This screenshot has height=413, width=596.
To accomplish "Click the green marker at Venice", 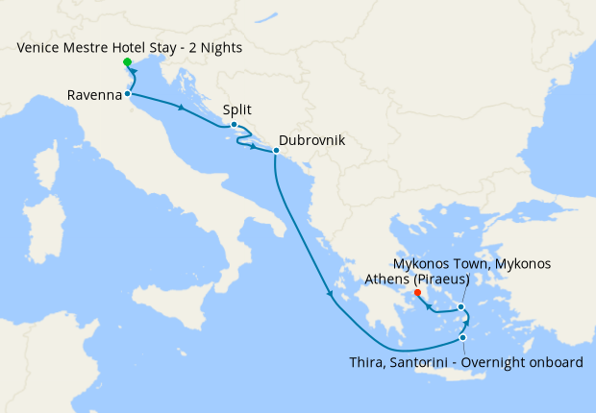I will point(127,62).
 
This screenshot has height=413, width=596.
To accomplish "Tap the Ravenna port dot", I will point(127,93).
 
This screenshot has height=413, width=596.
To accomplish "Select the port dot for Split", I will point(234,124).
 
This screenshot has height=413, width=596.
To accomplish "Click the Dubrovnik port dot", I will point(275,151).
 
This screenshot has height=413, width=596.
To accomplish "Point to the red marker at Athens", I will point(417,293).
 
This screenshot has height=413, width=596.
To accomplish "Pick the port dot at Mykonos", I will point(462,307).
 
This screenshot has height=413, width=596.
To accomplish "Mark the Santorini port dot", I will point(463,337).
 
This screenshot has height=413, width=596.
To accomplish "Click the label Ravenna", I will point(94,95).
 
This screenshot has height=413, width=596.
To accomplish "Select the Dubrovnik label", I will point(311,140).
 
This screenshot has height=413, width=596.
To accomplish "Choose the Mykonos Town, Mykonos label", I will point(472,263).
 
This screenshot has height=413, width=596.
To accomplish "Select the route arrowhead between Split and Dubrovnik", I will point(254,147).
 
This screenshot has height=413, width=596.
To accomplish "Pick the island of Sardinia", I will point(40,226).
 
